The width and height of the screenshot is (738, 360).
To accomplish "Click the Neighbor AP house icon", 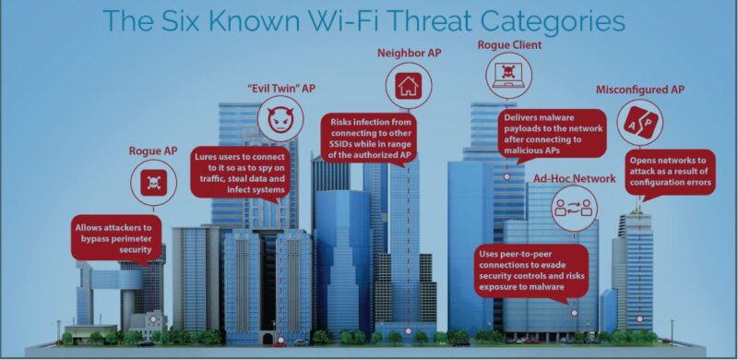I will [408, 88].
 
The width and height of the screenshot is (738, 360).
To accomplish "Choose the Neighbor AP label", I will [409, 53].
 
